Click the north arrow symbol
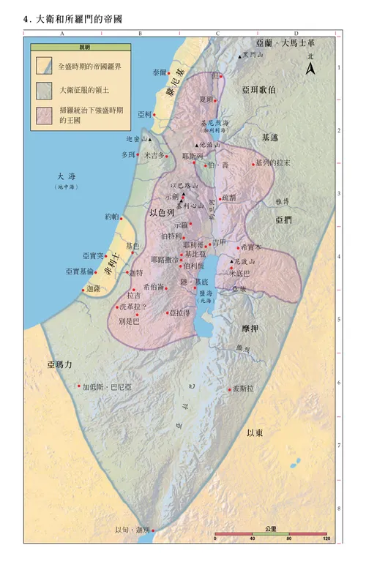(x=310, y=69)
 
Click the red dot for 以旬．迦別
(x=153, y=529)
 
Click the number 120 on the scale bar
(x=326, y=538)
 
